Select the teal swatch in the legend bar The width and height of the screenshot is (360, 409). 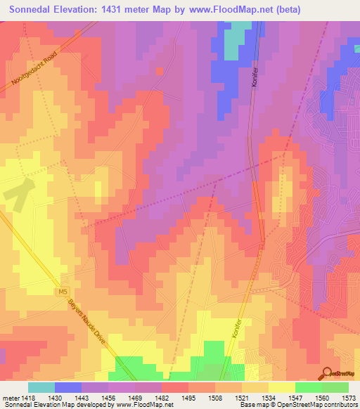(x=41, y=387)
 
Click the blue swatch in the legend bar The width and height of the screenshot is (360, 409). (x=68, y=387)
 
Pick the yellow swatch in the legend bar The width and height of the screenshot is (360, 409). (x=282, y=387)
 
